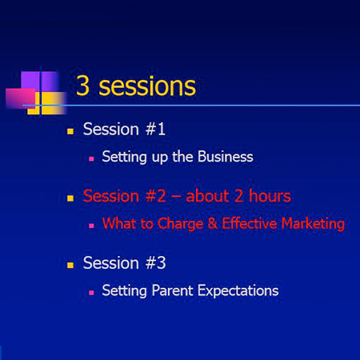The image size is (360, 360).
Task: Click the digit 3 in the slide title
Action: tap(82, 86)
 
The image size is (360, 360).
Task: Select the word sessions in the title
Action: tap(147, 86)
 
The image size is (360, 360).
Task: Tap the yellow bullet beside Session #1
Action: tap(70, 131)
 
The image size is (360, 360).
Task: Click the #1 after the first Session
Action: tap(155, 129)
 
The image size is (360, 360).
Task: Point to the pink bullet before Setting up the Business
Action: tap(91, 159)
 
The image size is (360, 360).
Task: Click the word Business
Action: tap(226, 156)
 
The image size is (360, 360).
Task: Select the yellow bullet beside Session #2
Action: tap(70, 198)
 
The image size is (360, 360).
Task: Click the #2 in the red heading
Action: tap(156, 196)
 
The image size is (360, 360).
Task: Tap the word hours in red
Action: tap(270, 196)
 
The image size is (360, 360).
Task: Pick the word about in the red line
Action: tap(208, 196)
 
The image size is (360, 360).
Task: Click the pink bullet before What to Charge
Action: tap(91, 226)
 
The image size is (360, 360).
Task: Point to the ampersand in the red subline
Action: tap(213, 223)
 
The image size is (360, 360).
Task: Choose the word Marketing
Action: tap(313, 224)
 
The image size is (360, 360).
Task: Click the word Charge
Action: tap(181, 224)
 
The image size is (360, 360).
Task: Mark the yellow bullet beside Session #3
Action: tap(70, 265)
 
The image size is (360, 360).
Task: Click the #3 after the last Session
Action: tap(156, 263)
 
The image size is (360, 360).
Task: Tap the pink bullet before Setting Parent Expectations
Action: tap(91, 293)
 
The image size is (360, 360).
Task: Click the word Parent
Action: tap(172, 290)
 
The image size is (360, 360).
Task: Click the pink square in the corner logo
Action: tap(20, 98)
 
